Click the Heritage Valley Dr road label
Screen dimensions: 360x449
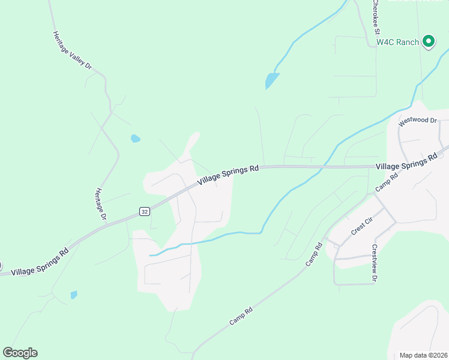point(72,51)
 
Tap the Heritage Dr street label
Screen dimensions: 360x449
point(101,203)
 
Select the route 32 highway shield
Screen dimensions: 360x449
point(144,211)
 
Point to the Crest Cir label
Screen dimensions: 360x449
point(363,227)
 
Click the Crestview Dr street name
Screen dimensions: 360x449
point(374,262)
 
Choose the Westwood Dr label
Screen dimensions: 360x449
point(418,120)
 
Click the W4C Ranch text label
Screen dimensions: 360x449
point(397,42)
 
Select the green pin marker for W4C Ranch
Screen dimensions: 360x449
point(428,41)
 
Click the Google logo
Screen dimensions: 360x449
point(20,353)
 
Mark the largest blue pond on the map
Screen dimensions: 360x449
point(272,80)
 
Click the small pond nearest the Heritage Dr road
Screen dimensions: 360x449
point(136,139)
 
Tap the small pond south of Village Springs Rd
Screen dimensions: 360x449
point(74,295)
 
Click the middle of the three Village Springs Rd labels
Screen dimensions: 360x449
point(228,174)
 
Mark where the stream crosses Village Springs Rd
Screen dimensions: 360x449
point(322,167)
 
